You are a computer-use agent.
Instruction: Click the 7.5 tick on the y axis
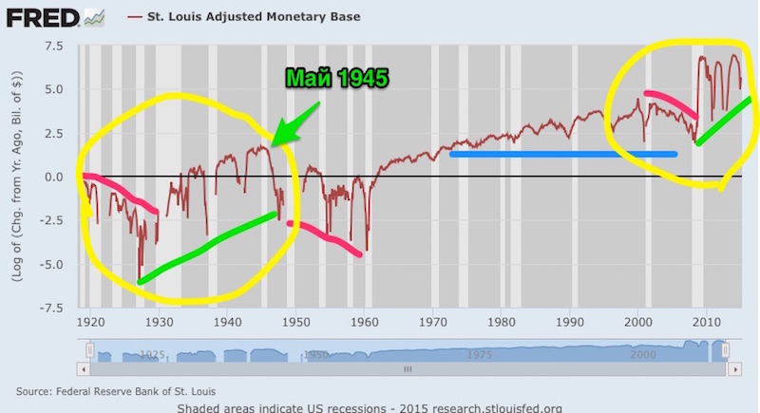[x=52, y=45]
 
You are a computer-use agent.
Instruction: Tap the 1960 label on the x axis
[x=365, y=320]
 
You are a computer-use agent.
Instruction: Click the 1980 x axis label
[x=503, y=320]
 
